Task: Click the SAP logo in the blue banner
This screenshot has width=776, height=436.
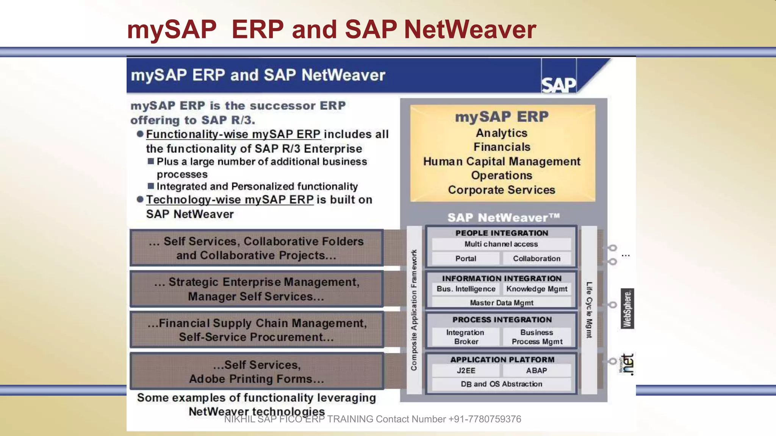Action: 559,84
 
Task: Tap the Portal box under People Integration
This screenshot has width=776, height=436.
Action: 466,258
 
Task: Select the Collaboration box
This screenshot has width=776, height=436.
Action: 537,258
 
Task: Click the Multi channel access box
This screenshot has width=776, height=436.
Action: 501,244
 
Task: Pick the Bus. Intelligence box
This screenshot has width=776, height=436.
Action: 466,289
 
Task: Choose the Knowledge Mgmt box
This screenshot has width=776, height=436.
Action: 537,289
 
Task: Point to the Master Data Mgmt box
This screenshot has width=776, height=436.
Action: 501,303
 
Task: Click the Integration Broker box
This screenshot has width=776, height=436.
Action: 466,337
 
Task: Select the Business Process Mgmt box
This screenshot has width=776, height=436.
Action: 537,337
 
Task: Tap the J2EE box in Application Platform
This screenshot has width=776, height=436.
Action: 466,371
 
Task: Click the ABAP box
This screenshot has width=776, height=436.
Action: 537,371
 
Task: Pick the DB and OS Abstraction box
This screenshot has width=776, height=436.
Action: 501,384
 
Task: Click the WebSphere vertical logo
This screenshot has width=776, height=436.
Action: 627,308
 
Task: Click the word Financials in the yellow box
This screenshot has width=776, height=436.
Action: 502,147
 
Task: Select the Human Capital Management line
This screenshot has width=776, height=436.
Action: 502,161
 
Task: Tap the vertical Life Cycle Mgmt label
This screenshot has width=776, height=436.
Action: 589,310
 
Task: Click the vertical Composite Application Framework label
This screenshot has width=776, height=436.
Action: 414,310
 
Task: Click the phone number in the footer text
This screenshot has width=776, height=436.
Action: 485,419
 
